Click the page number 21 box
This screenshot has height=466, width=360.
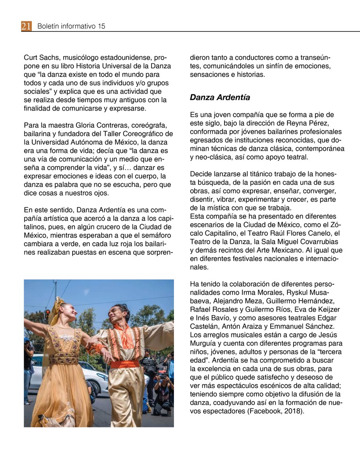pos(26,26)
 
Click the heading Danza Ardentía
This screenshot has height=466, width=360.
pos(220,97)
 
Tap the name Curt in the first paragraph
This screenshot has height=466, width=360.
pos(31,57)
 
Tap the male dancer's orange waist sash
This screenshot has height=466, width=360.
pos(125,364)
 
